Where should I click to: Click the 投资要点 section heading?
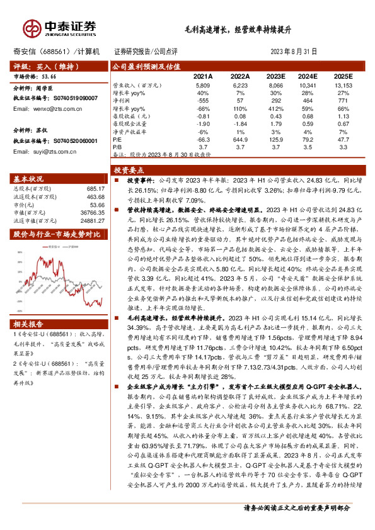tap(129, 170)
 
